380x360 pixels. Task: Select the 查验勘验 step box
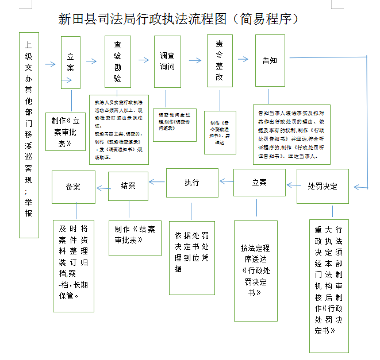(118, 61)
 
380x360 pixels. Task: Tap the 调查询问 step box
(167, 61)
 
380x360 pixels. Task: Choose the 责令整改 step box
(220, 60)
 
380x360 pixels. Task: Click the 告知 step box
(270, 60)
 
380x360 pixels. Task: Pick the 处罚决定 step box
(323, 187)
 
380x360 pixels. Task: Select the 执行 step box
(192, 183)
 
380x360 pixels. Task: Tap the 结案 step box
(128, 185)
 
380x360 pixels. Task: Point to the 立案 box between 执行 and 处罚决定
(259, 183)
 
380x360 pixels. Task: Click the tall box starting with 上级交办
(29, 135)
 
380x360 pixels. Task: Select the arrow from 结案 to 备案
(102, 188)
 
